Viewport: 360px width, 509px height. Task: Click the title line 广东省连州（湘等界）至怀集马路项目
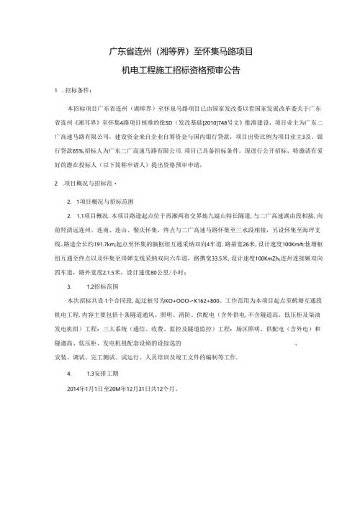coord(180,51)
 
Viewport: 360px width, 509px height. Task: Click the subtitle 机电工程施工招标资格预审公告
coord(180,71)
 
